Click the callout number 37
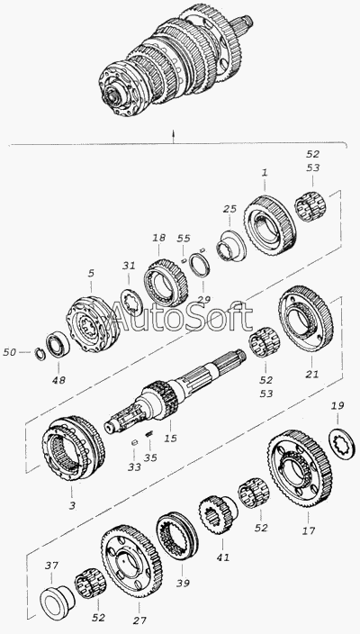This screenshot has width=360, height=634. (x=51, y=566)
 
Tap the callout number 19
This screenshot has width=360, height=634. (x=337, y=405)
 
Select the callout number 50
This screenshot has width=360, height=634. (x=9, y=353)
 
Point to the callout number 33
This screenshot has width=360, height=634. (x=134, y=467)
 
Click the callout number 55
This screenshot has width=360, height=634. (x=184, y=238)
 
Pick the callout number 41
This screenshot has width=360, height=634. (x=222, y=557)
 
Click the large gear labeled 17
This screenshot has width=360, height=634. (x=300, y=469)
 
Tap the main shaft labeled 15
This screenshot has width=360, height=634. (x=174, y=390)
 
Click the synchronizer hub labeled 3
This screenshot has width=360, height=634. (x=74, y=448)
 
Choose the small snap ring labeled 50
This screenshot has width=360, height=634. (x=40, y=353)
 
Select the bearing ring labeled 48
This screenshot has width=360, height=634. (x=58, y=344)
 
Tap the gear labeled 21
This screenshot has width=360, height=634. (x=306, y=319)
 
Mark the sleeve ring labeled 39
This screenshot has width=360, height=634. (x=177, y=536)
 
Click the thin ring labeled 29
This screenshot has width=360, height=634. (x=201, y=264)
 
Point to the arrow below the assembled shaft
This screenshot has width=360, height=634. (x=174, y=137)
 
